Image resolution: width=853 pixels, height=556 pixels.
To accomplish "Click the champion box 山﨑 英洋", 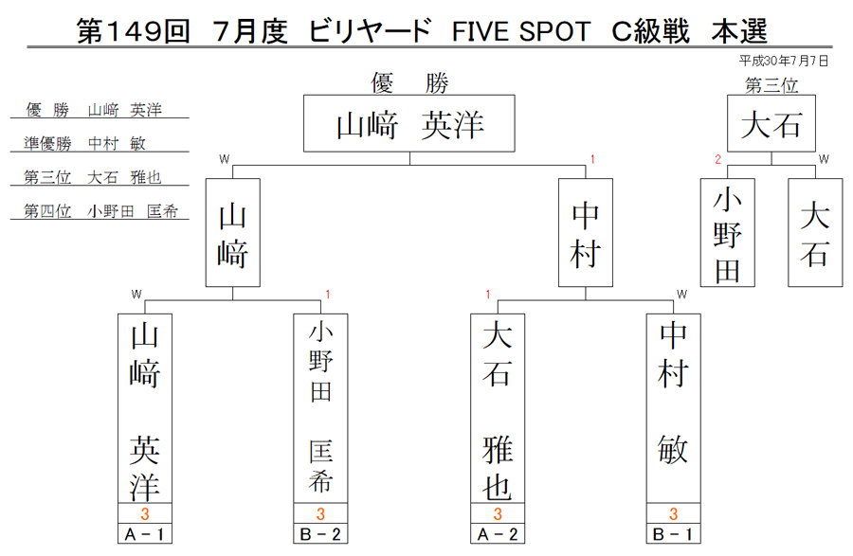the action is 409,123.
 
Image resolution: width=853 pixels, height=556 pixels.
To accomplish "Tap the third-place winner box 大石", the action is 771,123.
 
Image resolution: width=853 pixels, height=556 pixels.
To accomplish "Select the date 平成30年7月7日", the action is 784,61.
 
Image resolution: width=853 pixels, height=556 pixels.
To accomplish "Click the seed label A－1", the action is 145,534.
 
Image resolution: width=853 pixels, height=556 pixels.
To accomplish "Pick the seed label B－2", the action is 320,534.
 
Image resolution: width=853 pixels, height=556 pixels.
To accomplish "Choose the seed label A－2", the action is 498,534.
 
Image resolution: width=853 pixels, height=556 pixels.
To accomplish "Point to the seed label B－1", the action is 674,534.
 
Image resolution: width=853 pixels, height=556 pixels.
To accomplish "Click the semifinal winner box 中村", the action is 586,233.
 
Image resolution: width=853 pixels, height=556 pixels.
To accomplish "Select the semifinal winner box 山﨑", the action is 233,233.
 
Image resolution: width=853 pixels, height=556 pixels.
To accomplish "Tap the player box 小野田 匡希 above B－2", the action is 320,408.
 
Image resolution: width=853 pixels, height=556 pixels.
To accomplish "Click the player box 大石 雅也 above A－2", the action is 498,408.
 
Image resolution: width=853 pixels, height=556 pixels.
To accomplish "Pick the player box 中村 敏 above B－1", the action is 674,408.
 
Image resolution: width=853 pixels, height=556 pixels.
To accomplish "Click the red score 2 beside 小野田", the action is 718,159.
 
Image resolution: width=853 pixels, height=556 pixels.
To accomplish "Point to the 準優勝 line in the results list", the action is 84,143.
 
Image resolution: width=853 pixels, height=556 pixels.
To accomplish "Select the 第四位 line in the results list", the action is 100,211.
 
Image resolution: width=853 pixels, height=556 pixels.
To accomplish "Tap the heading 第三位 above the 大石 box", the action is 771,85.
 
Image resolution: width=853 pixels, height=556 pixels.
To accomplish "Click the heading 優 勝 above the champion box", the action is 409,83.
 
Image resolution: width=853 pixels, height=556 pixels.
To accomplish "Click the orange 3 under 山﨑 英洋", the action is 145,513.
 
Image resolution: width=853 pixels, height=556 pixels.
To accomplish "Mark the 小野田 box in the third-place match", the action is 727,233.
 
